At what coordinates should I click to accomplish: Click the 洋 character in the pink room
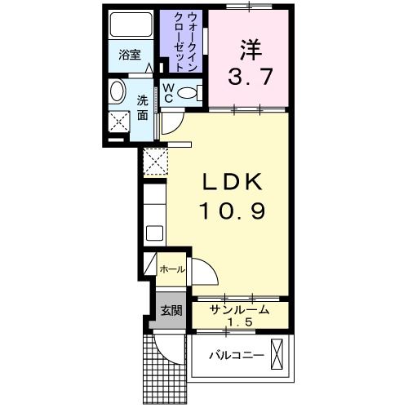pos(250,49)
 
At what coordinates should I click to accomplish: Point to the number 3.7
pos(250,80)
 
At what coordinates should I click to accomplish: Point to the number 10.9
pos(232,211)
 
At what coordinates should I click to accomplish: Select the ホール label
pos(171,268)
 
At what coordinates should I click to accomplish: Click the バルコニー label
pos(236,356)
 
